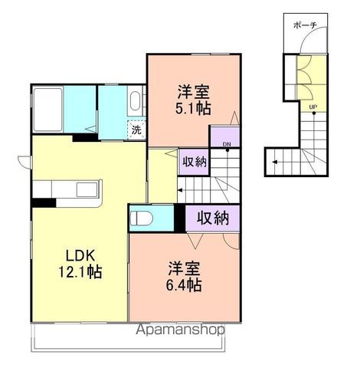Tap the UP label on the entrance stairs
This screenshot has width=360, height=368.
point(313,107)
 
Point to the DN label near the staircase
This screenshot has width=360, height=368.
point(227,143)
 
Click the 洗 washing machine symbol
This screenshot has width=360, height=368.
point(136,130)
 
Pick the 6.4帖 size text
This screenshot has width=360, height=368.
point(185,285)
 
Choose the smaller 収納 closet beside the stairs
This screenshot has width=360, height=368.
point(195,162)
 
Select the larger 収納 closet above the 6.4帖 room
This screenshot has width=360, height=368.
point(212,218)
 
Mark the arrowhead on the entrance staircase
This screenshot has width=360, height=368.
point(271,162)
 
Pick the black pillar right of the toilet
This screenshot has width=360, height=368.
point(179,218)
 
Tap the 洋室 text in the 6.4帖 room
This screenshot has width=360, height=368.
point(185,269)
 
